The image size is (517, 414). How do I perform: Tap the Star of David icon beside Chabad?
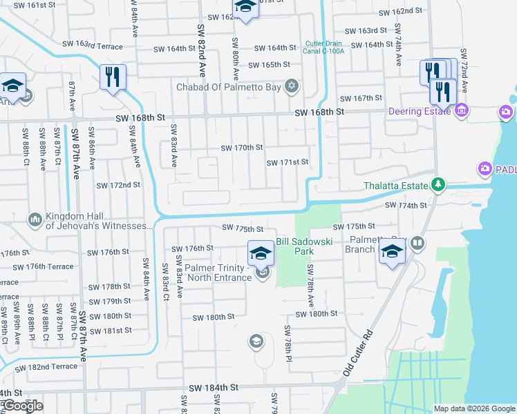tap(292, 86)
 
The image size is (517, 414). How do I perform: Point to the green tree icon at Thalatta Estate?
tap(437, 184)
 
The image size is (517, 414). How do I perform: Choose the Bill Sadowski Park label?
tap(305, 246)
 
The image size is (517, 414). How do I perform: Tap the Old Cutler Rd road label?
tap(361, 351)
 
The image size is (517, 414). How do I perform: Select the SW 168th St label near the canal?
tap(319, 112)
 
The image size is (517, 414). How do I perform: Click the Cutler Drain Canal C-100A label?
tap(324, 46)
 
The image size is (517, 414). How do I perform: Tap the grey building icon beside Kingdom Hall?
tap(35, 220)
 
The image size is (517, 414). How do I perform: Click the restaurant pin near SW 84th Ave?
tap(113, 76)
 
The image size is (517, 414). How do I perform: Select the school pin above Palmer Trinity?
tap(261, 253)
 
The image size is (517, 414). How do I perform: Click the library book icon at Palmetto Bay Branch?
tap(417, 243)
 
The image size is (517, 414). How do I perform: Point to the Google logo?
tap(23, 406)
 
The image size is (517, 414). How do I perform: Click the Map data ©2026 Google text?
tap(473, 408)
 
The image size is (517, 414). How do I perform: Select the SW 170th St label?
tap(242, 148)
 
